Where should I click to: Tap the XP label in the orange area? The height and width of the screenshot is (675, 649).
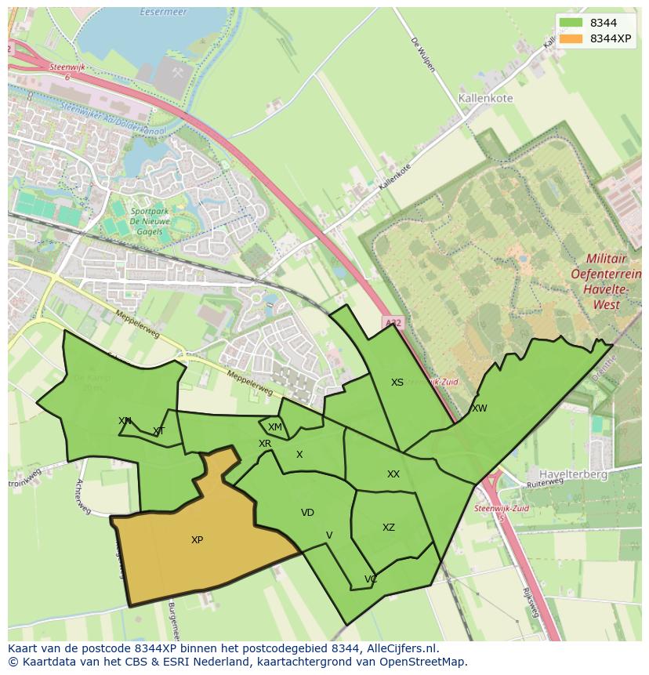coord(197,540)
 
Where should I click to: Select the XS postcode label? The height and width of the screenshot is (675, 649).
coord(397,383)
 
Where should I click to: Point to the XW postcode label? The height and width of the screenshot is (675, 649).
coord(479,408)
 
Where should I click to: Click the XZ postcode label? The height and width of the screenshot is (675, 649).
coord(389,528)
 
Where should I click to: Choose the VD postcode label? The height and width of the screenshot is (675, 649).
coord(307,513)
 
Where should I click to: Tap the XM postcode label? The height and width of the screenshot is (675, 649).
coord(274,427)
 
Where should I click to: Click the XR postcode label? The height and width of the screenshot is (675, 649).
coord(265,444)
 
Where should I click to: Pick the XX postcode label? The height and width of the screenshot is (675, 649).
coord(393,474)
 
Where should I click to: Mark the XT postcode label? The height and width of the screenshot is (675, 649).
coord(159,431)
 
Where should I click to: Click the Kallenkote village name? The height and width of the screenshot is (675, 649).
coord(484,99)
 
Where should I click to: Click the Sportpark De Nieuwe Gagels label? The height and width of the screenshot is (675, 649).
coord(147,222)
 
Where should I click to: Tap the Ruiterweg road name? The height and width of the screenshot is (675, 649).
coord(545,485)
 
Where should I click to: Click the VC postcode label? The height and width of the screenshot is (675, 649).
coord(371,579)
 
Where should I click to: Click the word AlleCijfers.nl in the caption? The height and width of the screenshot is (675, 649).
coord(394,648)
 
